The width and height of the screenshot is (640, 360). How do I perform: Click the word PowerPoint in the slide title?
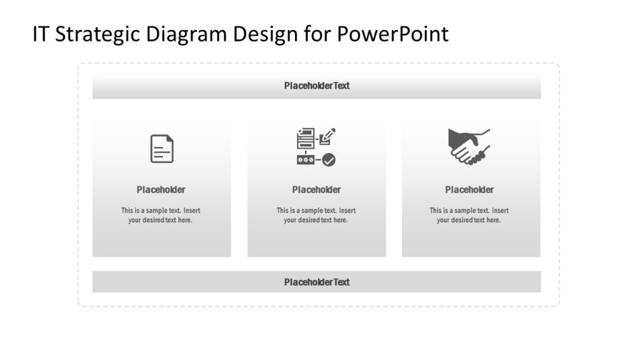[392, 34]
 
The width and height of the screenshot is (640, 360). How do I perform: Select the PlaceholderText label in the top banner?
[317, 86]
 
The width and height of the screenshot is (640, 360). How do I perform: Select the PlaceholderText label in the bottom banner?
[317, 282]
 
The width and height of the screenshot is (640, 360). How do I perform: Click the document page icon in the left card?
[162, 149]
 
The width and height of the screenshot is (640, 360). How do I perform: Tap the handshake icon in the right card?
[469, 147]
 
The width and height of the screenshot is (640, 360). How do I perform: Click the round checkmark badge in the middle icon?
[329, 160]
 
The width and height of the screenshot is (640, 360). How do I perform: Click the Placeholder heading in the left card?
[161, 189]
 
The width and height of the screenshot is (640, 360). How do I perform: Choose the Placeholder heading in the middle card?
[316, 189]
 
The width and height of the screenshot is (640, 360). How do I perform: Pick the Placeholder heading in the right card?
[469, 189]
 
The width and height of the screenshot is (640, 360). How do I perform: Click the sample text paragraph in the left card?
[161, 215]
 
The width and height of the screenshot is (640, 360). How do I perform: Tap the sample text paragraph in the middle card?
[316, 215]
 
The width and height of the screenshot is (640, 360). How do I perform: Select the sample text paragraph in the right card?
[469, 215]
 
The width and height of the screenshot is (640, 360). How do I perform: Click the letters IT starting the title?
[41, 34]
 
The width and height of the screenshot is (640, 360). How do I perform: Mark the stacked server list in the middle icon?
[306, 138]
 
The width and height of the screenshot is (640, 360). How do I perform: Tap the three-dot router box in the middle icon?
[306, 160]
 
